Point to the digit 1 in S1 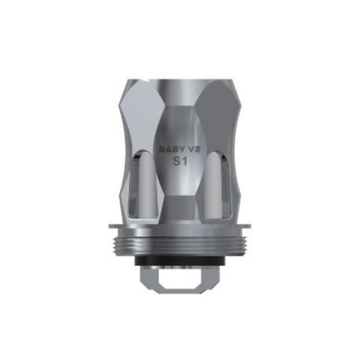pyautogui.click(x=184, y=161)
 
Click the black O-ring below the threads pyautogui.click(x=180, y=261)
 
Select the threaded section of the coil pyautogui.click(x=180, y=244)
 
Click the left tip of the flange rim pyautogui.click(x=109, y=226)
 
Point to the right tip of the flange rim pyautogui.click(x=250, y=226)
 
